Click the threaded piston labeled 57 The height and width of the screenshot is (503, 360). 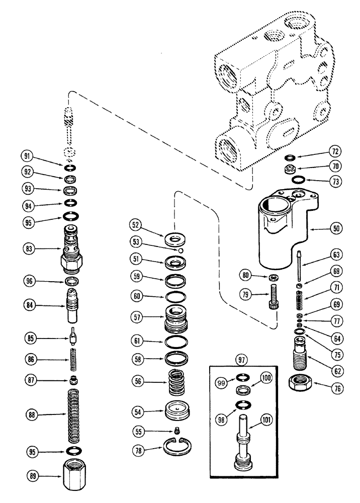tap(176, 318)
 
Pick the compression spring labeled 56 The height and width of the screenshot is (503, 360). tap(176, 383)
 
